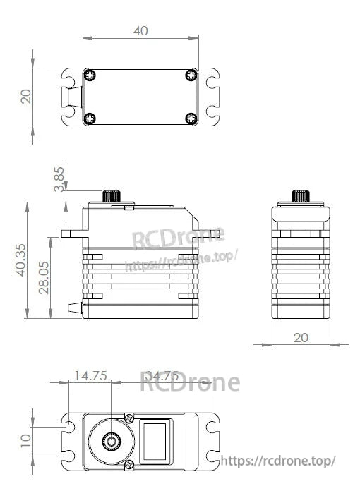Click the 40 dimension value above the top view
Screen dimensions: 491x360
pos(140,30)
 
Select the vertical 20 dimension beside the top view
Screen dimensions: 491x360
pos(26,96)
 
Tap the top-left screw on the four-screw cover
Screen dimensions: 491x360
pos(89,74)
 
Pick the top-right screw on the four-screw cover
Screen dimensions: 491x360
pos(191,74)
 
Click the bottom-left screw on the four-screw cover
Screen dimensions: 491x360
pos(89,118)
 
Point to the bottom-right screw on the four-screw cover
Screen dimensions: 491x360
pos(191,118)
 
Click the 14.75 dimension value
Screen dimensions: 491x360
pos(90,376)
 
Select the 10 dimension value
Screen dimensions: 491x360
pos(26,442)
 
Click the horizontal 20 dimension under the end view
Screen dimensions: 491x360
pos(301,337)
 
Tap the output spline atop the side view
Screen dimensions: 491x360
pos(111,195)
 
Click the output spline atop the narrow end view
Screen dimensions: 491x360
pos(301,195)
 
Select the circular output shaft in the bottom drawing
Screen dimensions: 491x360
pos(112,442)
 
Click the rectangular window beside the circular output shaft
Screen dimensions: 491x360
pos(155,442)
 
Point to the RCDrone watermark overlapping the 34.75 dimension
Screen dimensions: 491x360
pos(190,382)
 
